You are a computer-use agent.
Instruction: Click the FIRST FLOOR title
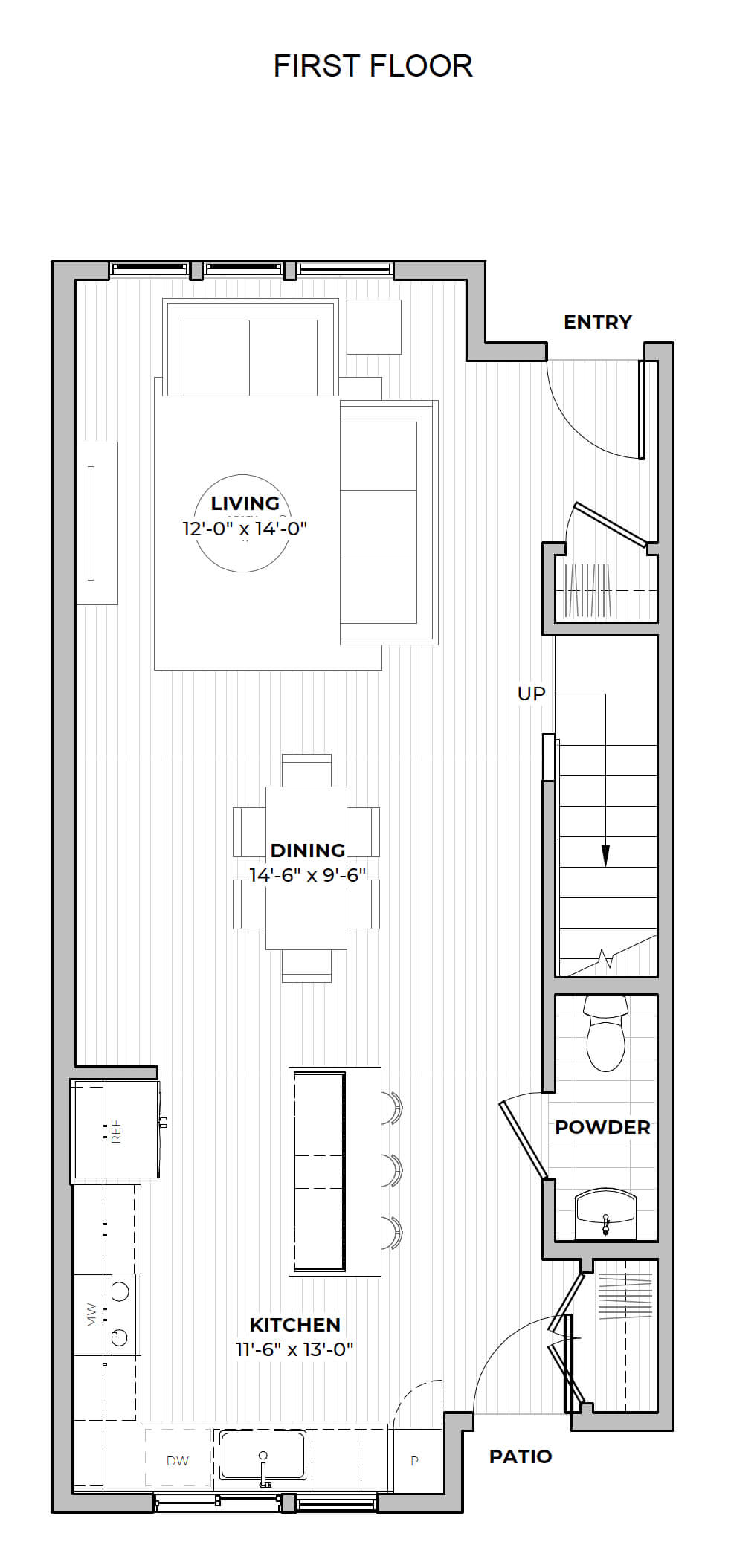tap(373, 66)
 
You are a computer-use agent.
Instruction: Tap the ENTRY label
tap(597, 322)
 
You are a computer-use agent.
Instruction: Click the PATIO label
tap(521, 1456)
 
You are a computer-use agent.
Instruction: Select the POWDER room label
tap(602, 1127)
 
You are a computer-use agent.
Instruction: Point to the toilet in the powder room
tap(606, 1033)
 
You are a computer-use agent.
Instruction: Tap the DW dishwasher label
tap(178, 1461)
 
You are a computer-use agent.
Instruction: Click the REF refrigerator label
tap(116, 1132)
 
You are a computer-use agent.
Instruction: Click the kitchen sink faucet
tap(263, 1468)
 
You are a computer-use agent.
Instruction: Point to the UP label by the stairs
tap(532, 694)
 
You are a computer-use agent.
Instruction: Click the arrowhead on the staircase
tap(605, 856)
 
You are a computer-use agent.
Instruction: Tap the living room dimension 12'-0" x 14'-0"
tap(245, 529)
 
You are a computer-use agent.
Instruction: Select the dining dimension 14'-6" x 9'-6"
tap(308, 875)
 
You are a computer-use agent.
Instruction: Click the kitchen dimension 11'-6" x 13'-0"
tap(294, 1349)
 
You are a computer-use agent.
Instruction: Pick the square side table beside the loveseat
tap(374, 326)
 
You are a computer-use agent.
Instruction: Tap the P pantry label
tap(415, 1461)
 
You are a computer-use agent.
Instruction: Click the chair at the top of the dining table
tap(306, 770)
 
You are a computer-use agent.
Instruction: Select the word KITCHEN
tap(295, 1325)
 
